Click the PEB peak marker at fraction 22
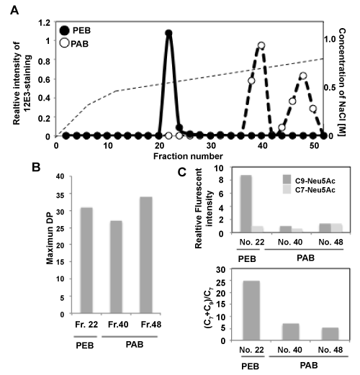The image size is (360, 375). [x=168, y=33]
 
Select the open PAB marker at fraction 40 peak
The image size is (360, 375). [x=261, y=45]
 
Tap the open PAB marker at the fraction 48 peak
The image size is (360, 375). [x=303, y=76]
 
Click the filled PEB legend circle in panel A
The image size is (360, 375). [x=65, y=31]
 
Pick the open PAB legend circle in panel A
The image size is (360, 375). [x=65, y=43]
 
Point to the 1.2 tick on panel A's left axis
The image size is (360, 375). [x=44, y=23]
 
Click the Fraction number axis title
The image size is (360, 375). [x=188, y=156]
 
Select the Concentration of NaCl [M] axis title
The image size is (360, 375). [x=342, y=82]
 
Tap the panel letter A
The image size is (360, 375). [x=14, y=10]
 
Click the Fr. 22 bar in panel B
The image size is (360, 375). [x=86, y=261]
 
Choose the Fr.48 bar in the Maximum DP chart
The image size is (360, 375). [x=146, y=255]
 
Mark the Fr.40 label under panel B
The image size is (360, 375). [x=118, y=325]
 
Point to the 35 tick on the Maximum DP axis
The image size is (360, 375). [x=60, y=195]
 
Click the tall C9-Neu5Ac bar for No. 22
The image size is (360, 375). [x=246, y=204]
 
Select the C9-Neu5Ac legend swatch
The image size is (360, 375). [x=287, y=179]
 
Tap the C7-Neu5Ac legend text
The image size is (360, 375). [x=315, y=190]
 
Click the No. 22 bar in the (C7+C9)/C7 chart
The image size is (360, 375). [x=251, y=310]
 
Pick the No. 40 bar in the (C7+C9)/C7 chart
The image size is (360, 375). [x=291, y=332]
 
